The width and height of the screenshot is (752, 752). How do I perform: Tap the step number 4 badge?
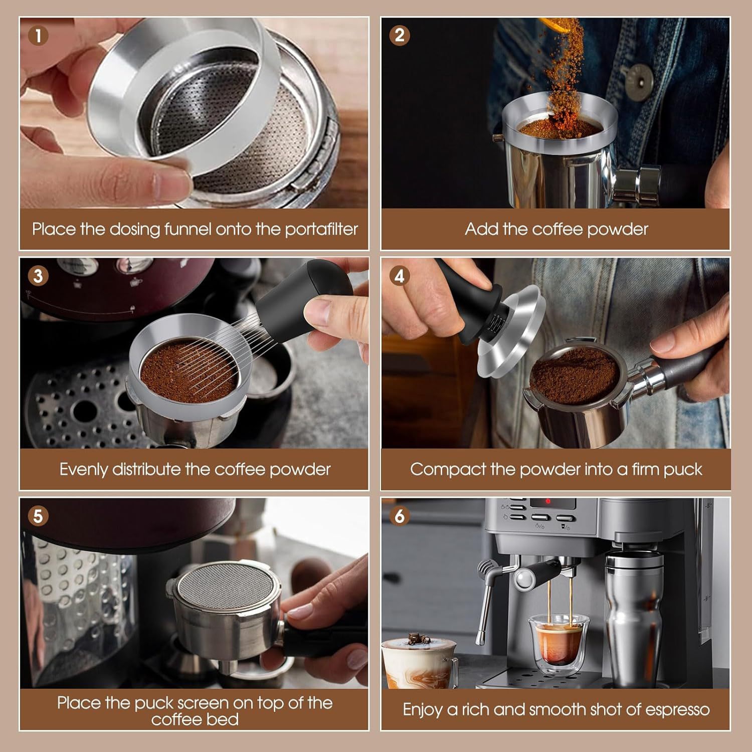click(400, 276)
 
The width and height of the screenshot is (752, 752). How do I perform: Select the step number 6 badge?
click(400, 516)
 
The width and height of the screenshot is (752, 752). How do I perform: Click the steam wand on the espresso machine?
click(484, 602)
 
